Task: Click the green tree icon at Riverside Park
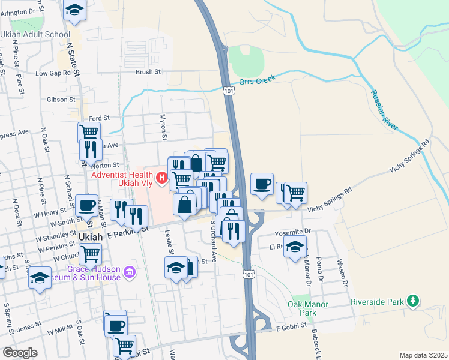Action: (412, 301)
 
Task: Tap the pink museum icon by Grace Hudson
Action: (129, 274)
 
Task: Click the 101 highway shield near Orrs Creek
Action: (229, 91)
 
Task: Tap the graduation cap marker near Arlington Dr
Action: (74, 9)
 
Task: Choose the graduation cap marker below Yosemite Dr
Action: (295, 247)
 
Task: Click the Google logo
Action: (20, 352)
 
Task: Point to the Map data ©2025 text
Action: (423, 355)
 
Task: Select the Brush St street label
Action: (148, 71)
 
